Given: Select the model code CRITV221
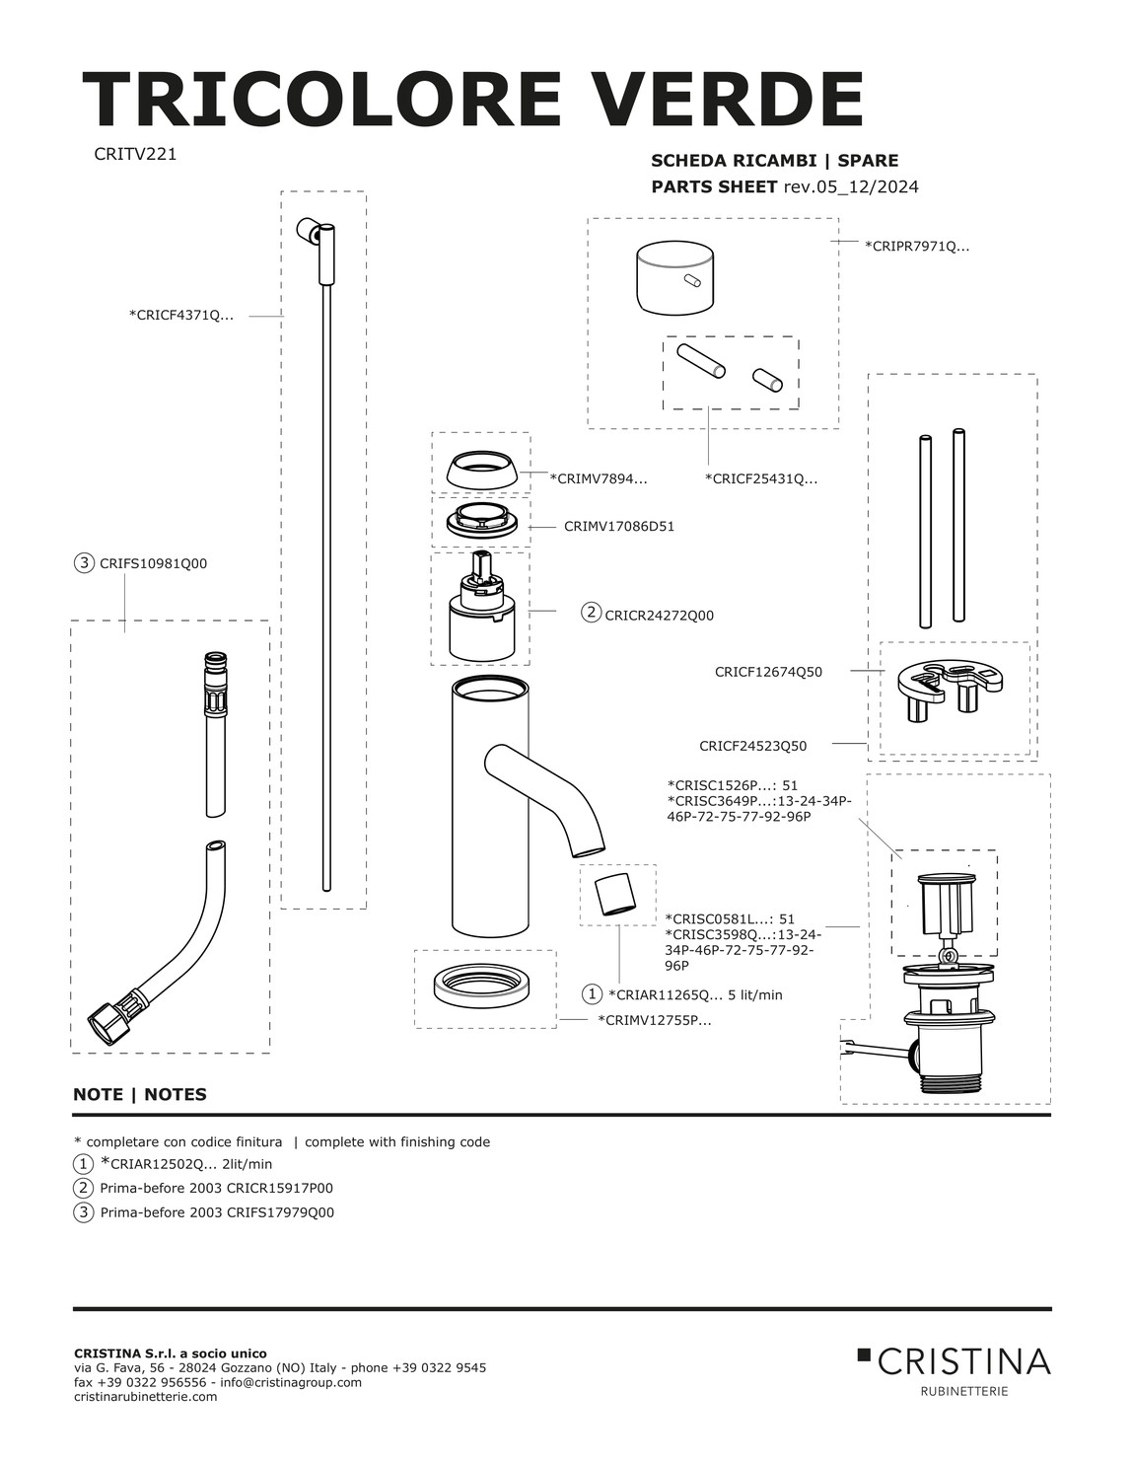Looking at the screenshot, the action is coord(135,154).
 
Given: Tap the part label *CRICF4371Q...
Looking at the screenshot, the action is coord(181,315).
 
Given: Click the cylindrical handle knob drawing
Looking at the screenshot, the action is coord(674,278).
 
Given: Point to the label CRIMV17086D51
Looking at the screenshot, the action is coord(619,527).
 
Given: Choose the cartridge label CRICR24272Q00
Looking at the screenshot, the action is coord(660,616).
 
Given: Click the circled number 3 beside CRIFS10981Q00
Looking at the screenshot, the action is coord(84,563).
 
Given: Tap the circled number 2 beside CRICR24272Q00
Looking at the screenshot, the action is coord(591,612).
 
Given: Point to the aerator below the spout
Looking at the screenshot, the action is coord(613,894).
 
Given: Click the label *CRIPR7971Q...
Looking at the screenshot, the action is coord(917,247).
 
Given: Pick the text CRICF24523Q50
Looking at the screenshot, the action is coord(752,746).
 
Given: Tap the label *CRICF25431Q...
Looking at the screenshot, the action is coord(761,479).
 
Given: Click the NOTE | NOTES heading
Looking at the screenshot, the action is coord(140,1094).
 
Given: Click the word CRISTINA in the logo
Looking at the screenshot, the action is coord(963,1361).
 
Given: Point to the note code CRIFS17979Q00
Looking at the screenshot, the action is coord(280,1212).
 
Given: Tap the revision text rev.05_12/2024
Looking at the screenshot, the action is coord(851,186).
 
